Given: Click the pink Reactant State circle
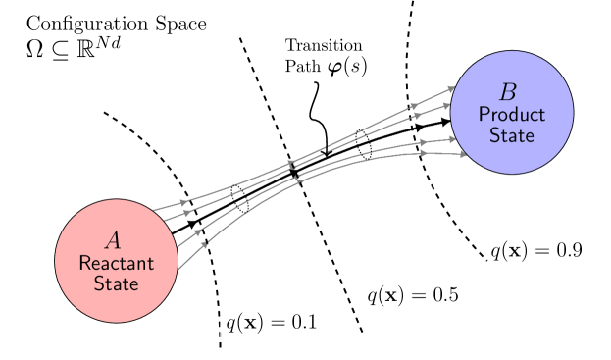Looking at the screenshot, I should [x=116, y=261].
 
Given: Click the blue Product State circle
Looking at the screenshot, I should [x=511, y=112].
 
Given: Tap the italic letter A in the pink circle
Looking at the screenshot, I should [x=113, y=240].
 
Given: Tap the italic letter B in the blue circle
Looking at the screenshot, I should [x=507, y=92].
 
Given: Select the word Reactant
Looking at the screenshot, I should [x=116, y=264].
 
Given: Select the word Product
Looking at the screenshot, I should [x=511, y=115].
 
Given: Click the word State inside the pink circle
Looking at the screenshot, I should [x=116, y=283].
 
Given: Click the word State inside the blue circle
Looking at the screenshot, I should [x=511, y=134].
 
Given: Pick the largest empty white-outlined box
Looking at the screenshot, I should [x=116, y=38].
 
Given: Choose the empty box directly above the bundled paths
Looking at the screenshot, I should [x=326, y=58].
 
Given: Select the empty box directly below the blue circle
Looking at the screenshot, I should [x=535, y=250].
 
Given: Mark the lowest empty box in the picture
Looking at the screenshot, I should [x=272, y=322].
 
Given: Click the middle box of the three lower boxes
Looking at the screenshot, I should [x=412, y=295].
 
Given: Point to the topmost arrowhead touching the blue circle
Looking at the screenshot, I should [x=450, y=89].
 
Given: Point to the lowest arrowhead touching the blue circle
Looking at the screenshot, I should [x=460, y=154].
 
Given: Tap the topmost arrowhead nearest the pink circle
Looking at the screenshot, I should [x=183, y=202].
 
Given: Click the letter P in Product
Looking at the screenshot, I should [x=484, y=115].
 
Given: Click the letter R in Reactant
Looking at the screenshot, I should [x=83, y=264].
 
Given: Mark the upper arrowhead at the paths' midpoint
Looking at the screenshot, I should [x=291, y=163].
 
